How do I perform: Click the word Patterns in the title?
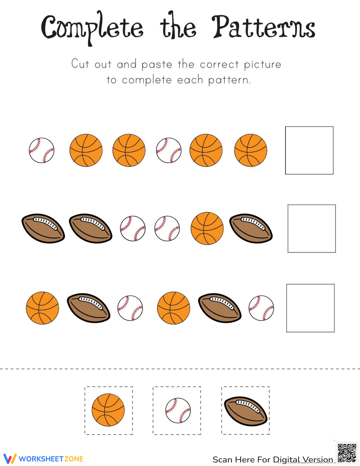click(263, 27)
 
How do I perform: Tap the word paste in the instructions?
click(157, 65)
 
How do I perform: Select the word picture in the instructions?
click(262, 65)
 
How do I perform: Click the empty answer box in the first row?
click(309, 150)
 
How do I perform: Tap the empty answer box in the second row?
click(311, 228)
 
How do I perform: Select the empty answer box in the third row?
click(310, 308)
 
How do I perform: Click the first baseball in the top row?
click(42, 150)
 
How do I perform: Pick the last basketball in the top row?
click(251, 150)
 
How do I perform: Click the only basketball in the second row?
click(207, 228)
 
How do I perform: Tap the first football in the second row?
click(43, 228)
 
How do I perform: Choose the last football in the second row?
click(251, 228)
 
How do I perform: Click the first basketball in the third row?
click(42, 308)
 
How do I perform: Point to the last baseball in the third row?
click(261, 308)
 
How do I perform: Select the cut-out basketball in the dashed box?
click(108, 410)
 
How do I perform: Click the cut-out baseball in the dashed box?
click(178, 410)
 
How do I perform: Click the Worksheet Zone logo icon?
click(10, 459)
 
